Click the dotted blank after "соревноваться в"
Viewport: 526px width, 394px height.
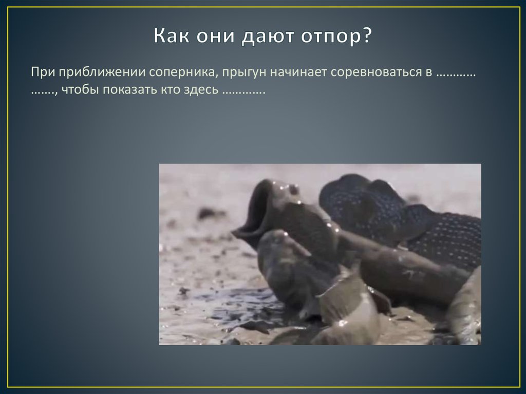pos(456,73)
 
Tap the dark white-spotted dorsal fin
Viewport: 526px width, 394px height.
pos(411,216)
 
